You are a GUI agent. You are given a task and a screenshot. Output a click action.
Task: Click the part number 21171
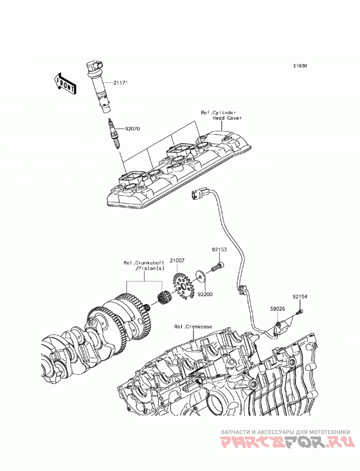pos(120,83)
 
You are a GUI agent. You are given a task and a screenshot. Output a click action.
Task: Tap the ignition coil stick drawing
pos(99,87)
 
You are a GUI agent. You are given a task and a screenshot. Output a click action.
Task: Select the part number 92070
pos(133,129)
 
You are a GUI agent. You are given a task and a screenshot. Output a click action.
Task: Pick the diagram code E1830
pos(300,66)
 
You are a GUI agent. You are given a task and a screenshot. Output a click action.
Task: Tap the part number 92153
pos(219,250)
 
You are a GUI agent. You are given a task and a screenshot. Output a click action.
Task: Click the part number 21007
pos(177,260)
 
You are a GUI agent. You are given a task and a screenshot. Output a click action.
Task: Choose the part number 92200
pos(205,294)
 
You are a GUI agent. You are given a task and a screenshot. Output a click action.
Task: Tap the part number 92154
pos(300,297)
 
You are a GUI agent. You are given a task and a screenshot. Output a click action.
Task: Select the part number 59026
pos(277,309)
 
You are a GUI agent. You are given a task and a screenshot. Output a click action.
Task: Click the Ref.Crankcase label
pos(193,327)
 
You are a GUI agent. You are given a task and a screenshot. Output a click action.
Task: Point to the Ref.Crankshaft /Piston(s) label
pos(144,265)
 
